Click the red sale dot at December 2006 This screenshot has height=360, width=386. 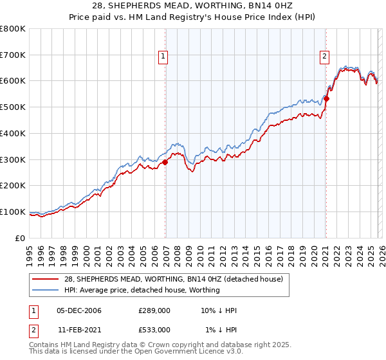pos(165,163)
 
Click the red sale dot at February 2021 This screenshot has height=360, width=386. pos(326,99)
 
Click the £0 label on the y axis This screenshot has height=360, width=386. pos(21,238)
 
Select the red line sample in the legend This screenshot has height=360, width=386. pos(47,279)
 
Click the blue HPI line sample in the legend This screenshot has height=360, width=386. pos(47,290)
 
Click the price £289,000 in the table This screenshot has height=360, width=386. pos(154,310)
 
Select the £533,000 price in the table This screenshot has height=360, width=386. pos(154,329)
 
